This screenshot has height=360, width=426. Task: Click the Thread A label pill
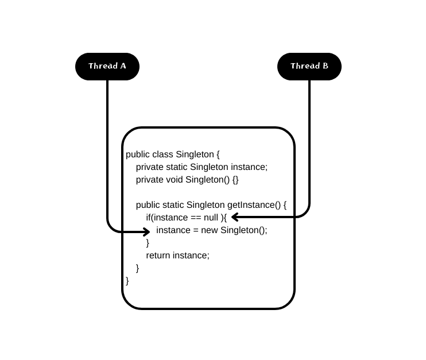[107, 66]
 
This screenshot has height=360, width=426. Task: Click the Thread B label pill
[309, 66]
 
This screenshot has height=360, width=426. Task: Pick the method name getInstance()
[253, 205]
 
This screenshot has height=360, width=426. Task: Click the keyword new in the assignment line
[209, 230]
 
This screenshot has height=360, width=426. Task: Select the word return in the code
[158, 256]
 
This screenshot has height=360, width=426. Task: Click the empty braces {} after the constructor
[235, 180]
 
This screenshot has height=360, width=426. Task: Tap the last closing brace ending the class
[127, 281]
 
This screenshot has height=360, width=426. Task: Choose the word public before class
[138, 154]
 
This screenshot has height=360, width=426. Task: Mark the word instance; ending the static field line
[249, 167]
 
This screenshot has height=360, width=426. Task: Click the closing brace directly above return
[148, 243]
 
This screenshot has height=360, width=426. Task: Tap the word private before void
[149, 180]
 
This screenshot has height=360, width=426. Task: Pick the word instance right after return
[191, 256]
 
